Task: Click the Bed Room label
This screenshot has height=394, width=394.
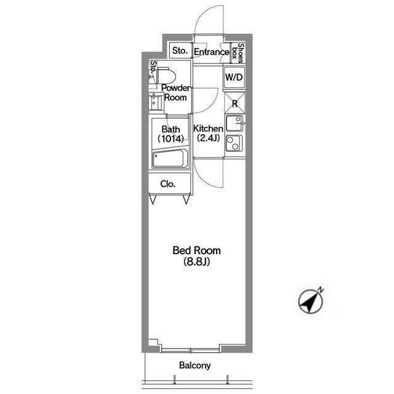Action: [x=196, y=251]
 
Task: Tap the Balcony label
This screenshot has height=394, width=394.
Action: [x=195, y=365]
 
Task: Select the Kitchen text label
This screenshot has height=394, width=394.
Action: [x=208, y=129]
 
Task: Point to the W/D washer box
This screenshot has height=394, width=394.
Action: [x=234, y=78]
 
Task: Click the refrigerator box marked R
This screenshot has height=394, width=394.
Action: [x=235, y=103]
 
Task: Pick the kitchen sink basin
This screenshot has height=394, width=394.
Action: [x=235, y=123]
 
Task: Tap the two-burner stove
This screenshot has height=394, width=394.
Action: [x=234, y=143]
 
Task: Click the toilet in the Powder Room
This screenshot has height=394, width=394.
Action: [x=164, y=75]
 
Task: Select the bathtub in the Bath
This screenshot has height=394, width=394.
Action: [x=170, y=158]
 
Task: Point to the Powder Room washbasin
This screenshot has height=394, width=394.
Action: [x=156, y=102]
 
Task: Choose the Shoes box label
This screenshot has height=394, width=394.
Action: [x=238, y=53]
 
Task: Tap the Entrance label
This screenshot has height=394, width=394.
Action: [x=211, y=52]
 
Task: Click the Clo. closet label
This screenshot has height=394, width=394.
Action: [x=167, y=184]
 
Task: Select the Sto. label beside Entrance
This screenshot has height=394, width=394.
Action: [x=180, y=50]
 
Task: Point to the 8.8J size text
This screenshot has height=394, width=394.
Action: [x=196, y=262]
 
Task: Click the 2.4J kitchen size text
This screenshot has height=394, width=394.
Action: [x=208, y=138]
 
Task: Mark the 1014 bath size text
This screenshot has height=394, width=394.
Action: [x=171, y=139]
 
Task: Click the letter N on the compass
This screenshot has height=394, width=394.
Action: [x=321, y=290]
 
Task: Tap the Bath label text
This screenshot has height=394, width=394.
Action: [x=171, y=129]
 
